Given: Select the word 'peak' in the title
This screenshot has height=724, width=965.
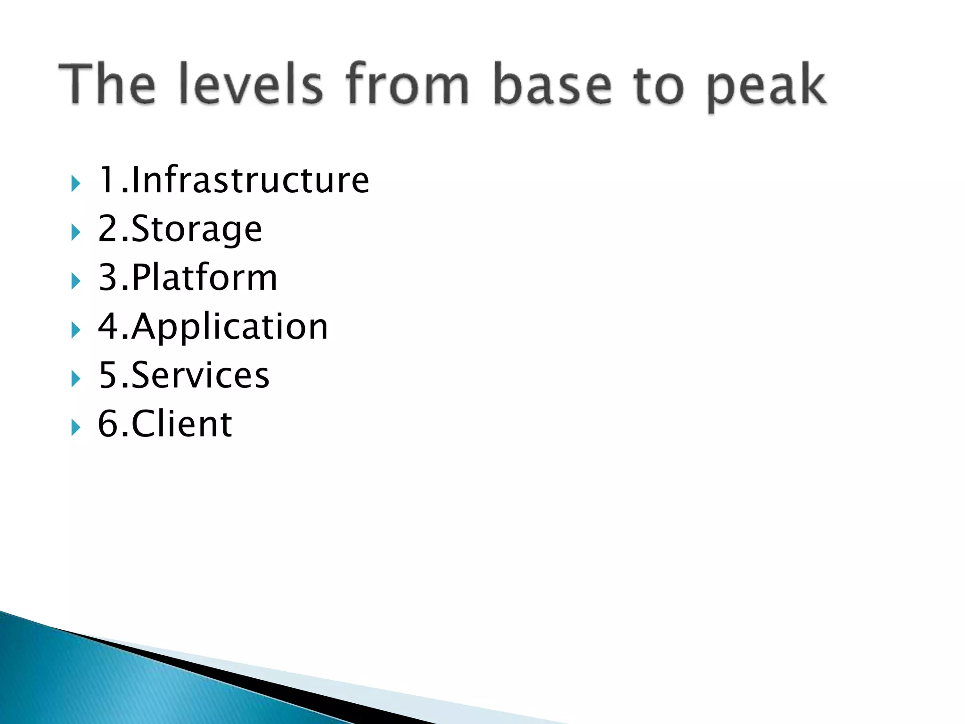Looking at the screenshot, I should click(767, 87).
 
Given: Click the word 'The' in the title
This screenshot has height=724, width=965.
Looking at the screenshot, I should click(107, 83).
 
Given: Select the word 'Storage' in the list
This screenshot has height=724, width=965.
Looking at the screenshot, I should click(196, 230).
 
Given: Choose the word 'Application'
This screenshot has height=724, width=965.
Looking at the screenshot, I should click(229, 327).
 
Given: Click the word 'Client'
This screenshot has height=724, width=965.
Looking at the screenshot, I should click(181, 424).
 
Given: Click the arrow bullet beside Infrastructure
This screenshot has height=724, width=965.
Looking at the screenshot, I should click(75, 183).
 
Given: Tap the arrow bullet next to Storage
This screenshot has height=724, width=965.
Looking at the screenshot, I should click(75, 232).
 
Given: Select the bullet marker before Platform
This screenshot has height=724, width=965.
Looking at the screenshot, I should click(75, 281).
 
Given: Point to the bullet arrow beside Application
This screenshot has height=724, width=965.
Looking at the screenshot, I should click(75, 330).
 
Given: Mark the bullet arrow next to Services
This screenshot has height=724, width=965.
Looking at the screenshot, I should click(75, 379).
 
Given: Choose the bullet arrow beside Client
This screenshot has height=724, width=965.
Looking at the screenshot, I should click(75, 428).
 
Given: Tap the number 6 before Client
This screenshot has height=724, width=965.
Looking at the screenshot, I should click(107, 424).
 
